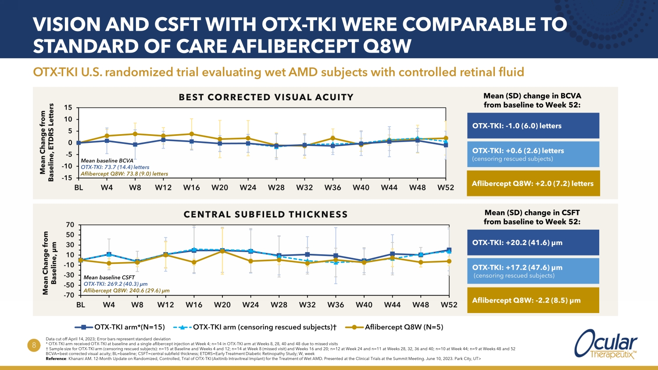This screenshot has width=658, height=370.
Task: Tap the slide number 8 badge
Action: [34, 346]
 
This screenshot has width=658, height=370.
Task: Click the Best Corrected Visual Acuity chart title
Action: [266, 97]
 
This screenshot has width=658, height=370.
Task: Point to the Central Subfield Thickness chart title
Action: [265, 214]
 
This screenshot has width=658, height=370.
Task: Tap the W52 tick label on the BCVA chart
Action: [446, 188]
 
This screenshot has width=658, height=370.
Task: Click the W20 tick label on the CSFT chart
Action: [222, 305]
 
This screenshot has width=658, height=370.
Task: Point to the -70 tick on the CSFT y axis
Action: [69, 295]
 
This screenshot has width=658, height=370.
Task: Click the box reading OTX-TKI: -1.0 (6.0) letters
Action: [533, 126]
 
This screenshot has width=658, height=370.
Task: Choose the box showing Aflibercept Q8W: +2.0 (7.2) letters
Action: [533, 184]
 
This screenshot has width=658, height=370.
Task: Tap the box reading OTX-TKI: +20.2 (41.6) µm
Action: [533, 242]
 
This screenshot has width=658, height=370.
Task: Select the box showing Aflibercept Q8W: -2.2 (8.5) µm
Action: [533, 300]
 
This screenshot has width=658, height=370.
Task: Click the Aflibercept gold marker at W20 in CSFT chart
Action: [222, 251]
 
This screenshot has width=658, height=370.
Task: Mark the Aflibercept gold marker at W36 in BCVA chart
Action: [333, 139]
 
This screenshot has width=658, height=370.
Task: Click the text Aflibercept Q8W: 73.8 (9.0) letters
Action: [124, 174]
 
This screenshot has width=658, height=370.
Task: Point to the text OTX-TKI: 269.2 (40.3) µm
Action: [115, 284]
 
